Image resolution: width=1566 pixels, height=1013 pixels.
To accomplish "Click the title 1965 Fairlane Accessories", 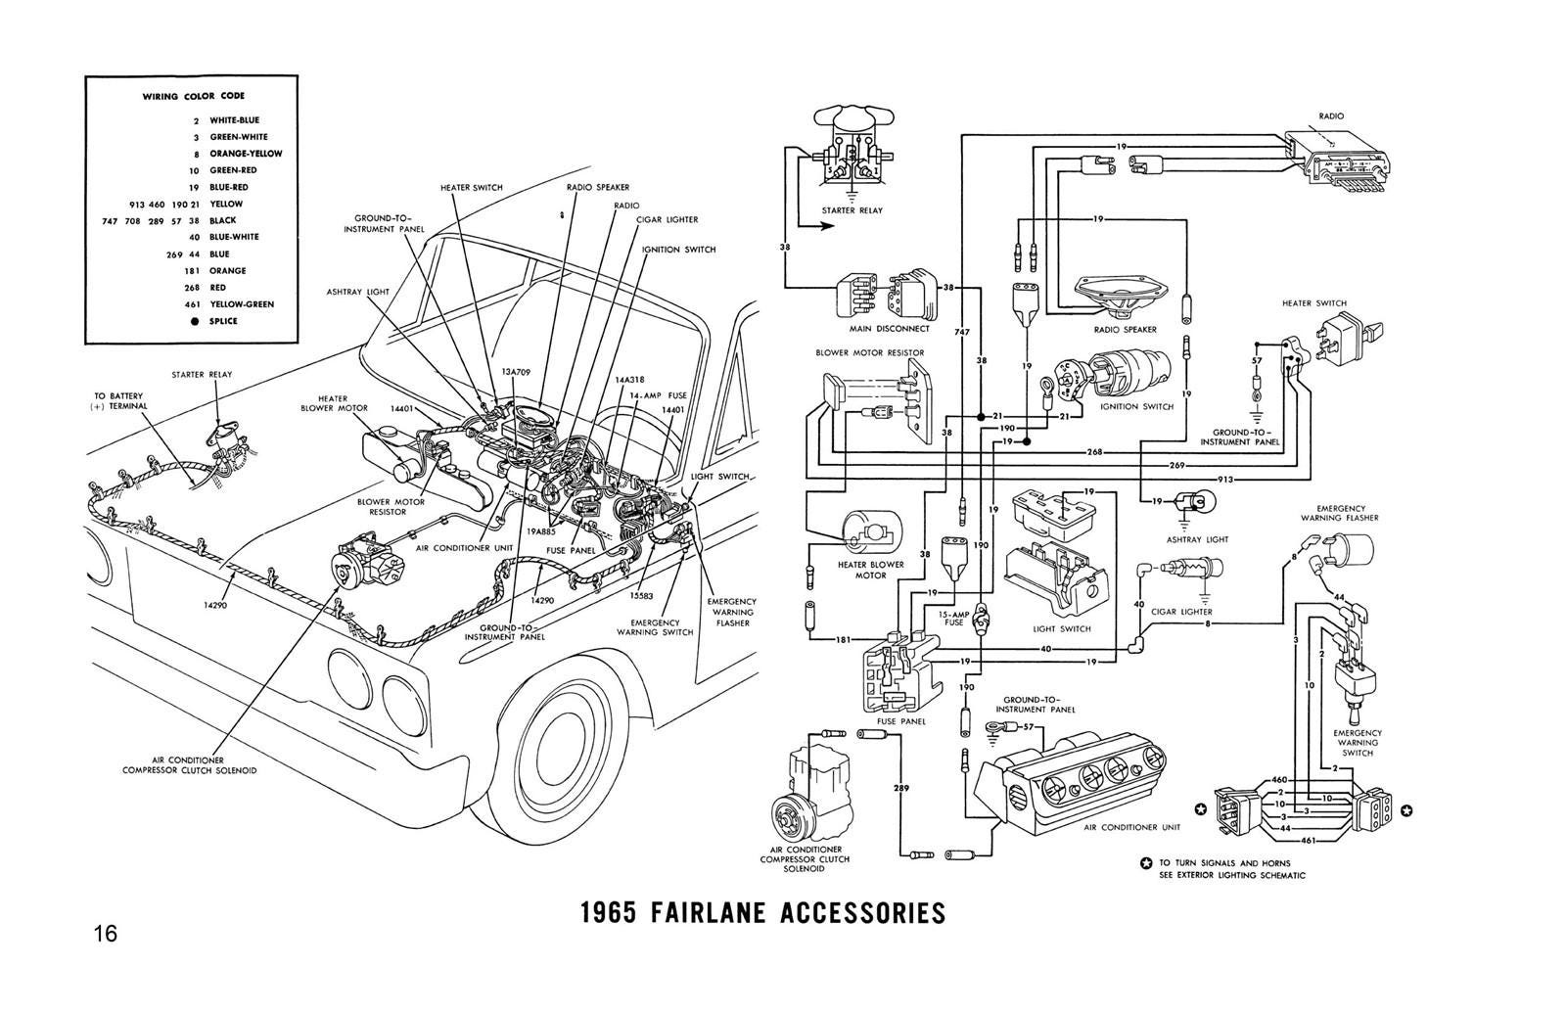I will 763,913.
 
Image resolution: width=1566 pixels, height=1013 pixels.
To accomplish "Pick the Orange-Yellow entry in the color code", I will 246,154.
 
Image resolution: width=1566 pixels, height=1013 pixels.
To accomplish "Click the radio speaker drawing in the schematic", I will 1122,295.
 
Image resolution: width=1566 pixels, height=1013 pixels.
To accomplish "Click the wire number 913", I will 1225,480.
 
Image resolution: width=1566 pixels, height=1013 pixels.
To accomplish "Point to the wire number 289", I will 900,788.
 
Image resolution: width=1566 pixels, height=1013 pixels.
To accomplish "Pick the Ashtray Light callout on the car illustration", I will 351,292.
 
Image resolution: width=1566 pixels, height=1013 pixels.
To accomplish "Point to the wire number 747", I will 962,333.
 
